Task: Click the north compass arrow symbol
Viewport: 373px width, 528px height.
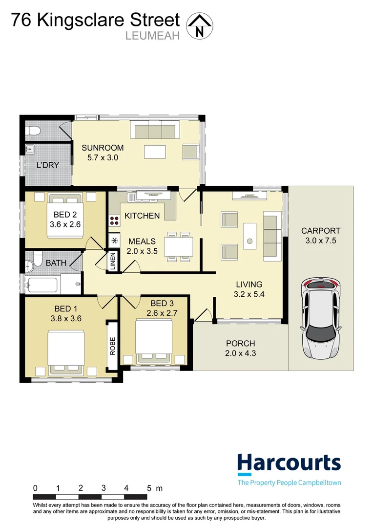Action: [x=200, y=26]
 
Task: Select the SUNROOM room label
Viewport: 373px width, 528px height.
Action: [x=103, y=148]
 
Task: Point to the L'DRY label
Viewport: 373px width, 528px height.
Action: [x=48, y=165]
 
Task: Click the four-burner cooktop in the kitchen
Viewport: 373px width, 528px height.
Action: [x=114, y=220]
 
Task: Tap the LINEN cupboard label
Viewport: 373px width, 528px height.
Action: [x=113, y=261]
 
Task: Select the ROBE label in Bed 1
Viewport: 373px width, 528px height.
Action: [x=112, y=346]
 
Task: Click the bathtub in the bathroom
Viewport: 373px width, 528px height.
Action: [x=42, y=285]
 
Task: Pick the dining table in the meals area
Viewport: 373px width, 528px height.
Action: [x=179, y=246]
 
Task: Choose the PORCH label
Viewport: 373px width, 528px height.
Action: [x=241, y=344]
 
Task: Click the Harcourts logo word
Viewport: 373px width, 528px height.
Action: [x=289, y=464]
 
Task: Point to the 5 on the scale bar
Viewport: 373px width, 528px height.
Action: [x=149, y=488]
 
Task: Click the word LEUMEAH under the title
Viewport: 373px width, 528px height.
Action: [x=153, y=36]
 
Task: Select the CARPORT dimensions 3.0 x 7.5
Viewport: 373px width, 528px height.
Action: [x=321, y=241]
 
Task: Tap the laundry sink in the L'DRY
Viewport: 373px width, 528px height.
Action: [x=30, y=150]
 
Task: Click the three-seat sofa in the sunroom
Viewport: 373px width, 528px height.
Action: [x=155, y=131]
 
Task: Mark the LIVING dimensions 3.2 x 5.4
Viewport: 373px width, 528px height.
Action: [x=249, y=294]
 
